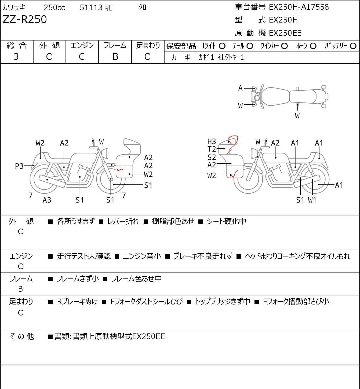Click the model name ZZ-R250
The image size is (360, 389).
pyautogui.click(x=25, y=19)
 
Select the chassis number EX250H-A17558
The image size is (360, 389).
pyautogui.click(x=299, y=7)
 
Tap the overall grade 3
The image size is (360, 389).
pyautogui.click(x=16, y=57)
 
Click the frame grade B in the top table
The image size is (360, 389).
pyautogui.click(x=115, y=57)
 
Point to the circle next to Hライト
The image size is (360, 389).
pyautogui.click(x=222, y=46)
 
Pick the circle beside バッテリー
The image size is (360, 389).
pyautogui.click(x=353, y=46)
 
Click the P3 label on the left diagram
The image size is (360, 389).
pyautogui.click(x=19, y=166)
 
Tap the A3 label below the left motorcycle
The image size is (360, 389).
pyautogui.click(x=47, y=200)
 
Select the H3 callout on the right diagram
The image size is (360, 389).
pyautogui.click(x=212, y=141)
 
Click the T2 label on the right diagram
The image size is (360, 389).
pyautogui.click(x=212, y=149)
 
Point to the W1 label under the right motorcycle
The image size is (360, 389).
pyautogui.click(x=312, y=200)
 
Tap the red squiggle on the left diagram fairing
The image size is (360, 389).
pyautogui.click(x=120, y=170)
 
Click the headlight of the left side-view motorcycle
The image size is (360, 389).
pyautogui.click(x=105, y=153)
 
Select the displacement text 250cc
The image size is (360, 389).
pyautogui.click(x=54, y=8)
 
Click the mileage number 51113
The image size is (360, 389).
pyautogui.click(x=91, y=8)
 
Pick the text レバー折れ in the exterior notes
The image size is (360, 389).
pyautogui.click(x=123, y=221)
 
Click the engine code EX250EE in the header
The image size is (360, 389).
pyautogui.click(x=285, y=33)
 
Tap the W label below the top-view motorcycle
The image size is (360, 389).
pyautogui.click(x=297, y=116)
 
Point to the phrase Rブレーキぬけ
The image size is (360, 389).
pyautogui.click(x=77, y=302)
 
